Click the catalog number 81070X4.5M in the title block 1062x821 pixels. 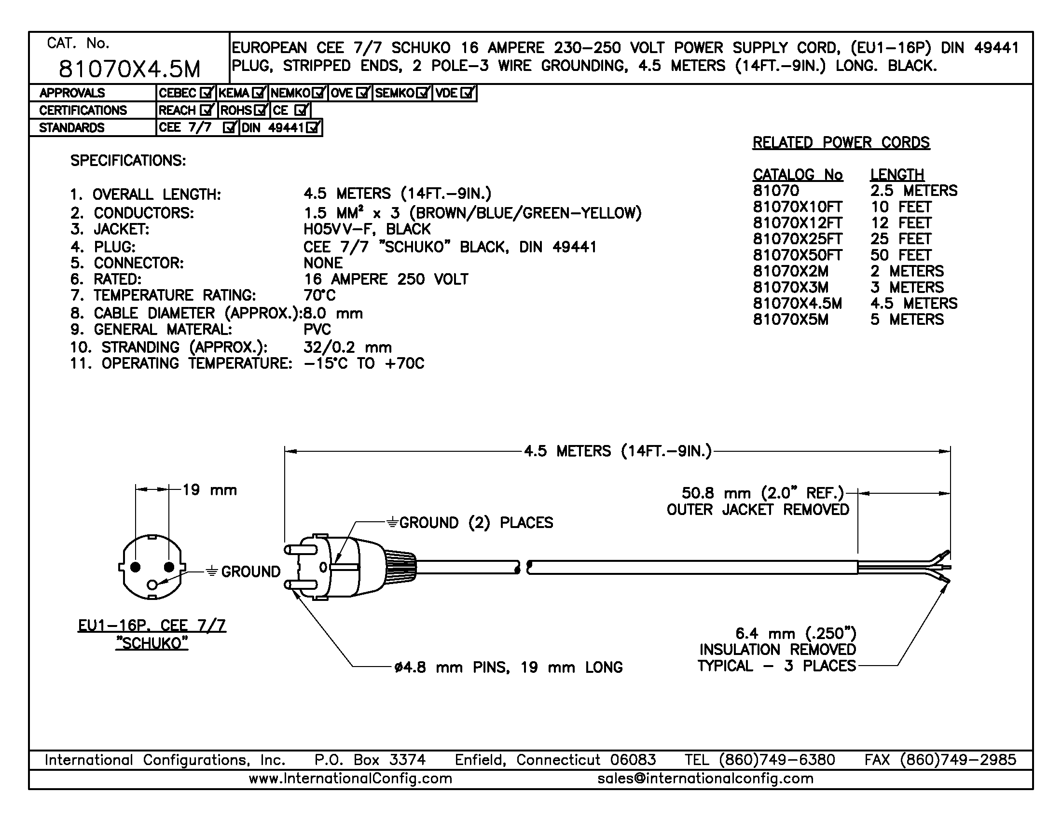129,69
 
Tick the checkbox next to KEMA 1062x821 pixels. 260,92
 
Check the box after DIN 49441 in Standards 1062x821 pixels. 314,128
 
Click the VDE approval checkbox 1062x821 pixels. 467,92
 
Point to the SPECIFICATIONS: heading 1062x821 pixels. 128,161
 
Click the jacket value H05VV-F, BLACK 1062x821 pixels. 367,229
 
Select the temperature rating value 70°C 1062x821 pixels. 319,295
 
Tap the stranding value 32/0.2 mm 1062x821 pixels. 347,347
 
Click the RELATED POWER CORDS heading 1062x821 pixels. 841,142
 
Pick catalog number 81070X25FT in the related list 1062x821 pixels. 798,239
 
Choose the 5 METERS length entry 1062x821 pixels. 907,320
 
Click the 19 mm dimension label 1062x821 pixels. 209,490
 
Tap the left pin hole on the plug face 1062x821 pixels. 136,567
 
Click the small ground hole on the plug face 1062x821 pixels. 152,584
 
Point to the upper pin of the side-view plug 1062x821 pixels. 293,550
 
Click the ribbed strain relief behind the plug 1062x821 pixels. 400,567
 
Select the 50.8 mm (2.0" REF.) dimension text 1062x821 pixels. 762,493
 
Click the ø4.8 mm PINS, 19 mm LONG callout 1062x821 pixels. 508,668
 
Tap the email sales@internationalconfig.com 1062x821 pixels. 705,779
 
